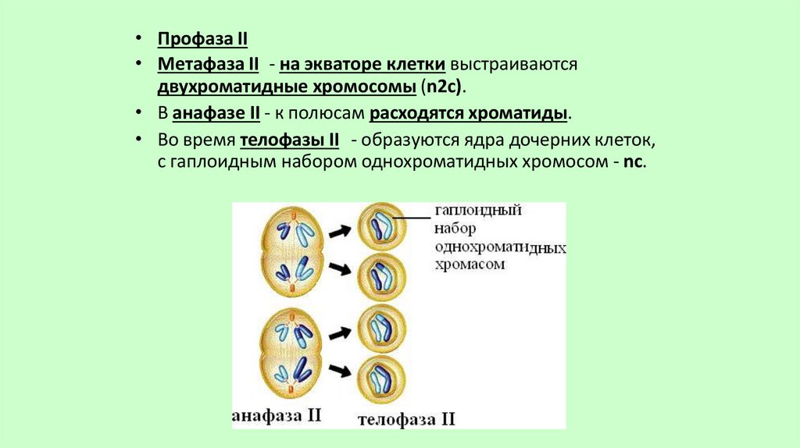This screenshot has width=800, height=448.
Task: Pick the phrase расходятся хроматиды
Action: (469, 113)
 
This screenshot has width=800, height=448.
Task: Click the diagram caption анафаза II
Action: (277, 414)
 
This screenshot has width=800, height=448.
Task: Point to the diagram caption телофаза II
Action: (406, 419)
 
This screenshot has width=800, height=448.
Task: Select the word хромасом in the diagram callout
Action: (470, 265)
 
